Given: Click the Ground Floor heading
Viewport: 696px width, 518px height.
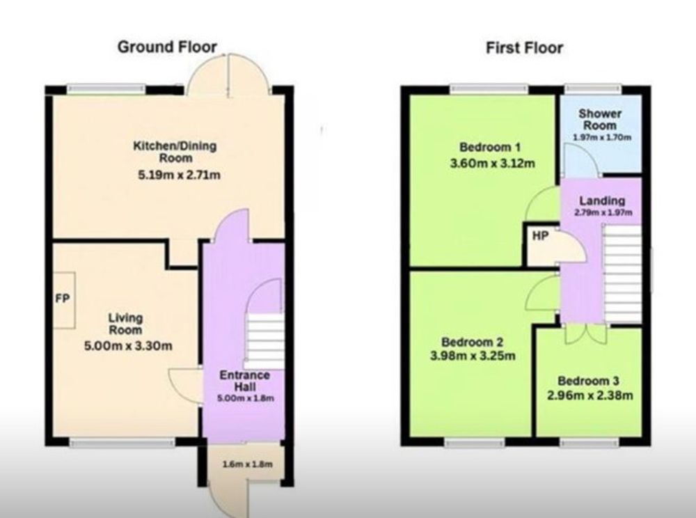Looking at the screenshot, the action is pos(167,47).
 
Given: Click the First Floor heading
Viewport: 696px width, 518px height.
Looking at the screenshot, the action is pos(524,47).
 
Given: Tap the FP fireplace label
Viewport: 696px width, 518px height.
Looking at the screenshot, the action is pos(63,299).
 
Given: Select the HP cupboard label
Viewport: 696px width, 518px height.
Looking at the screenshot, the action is pos(540,236).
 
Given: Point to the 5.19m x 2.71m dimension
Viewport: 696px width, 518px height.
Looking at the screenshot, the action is pos(179,175).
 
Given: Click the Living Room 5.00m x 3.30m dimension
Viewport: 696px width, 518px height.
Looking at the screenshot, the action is pos(128,346).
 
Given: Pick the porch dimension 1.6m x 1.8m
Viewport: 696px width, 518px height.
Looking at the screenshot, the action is pos(247,464).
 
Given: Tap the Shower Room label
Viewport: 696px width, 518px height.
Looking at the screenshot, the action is pos(600,119).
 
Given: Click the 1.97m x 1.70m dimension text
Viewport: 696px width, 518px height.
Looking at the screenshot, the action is pos(601,137).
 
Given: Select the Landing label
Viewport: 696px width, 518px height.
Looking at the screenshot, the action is pos(602,201).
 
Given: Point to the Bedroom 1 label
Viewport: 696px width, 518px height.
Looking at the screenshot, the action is pos(489,147).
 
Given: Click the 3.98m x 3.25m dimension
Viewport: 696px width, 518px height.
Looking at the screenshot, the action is pos(473,356).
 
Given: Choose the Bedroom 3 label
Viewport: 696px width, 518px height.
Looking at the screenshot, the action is pos(588,381).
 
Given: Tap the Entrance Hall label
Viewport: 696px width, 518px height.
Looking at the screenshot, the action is pos(244,381).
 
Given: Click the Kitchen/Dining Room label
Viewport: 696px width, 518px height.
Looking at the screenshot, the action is pos(175,151).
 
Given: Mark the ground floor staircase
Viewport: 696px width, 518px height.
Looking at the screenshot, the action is pos(264,341).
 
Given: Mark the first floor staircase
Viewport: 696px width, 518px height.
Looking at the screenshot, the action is pos(622,274).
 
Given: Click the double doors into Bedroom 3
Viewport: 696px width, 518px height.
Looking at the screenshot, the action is pos(586,334).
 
